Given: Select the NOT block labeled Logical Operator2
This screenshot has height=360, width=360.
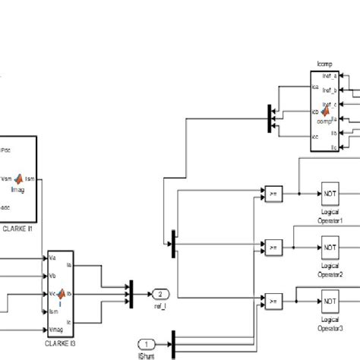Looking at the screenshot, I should tap(330, 247).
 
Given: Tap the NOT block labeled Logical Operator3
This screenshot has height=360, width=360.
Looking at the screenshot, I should tap(330, 301).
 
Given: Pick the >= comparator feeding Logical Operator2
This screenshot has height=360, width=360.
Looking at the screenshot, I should tap(273, 247).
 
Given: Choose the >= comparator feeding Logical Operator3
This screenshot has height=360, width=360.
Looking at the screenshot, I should tap(273, 301).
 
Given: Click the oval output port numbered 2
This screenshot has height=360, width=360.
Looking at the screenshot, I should tap(161, 294).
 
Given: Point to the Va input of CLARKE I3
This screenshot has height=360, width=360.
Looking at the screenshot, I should tap(52, 257).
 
